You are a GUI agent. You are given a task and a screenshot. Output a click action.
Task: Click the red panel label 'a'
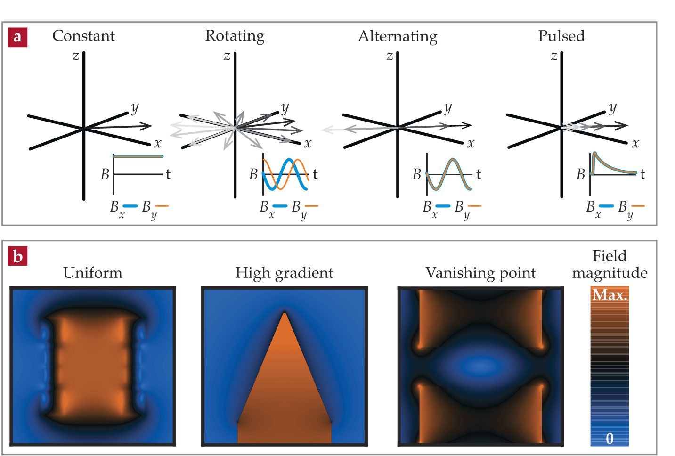coord(17,37)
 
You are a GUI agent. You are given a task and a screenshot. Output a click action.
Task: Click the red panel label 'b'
coord(17,257)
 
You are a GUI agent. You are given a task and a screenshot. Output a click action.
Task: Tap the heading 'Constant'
coord(83,36)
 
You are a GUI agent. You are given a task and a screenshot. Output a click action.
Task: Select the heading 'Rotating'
coord(235,36)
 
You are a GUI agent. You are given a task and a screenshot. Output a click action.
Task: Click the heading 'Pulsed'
coord(561,36)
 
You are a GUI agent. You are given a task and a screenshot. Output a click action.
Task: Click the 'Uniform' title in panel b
coord(93,273)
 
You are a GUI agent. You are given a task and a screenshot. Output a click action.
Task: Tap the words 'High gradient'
coord(284,273)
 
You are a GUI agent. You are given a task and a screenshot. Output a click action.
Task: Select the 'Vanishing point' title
coord(480,273)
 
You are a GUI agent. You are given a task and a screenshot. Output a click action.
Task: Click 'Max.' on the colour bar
coord(610,295)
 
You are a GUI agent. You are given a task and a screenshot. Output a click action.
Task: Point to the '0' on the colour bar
coord(610,439)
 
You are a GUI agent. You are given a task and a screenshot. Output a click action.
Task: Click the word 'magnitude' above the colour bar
coord(610,273)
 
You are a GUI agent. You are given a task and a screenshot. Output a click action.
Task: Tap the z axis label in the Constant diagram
coord(75,56)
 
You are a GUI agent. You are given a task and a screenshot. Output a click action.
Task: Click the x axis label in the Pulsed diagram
coord(635,143)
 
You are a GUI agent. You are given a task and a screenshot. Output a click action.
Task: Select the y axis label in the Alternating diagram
coord(448,108)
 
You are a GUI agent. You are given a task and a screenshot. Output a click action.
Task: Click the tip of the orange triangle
coord(284,313)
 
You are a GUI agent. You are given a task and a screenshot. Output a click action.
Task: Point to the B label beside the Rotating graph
coord(253,175)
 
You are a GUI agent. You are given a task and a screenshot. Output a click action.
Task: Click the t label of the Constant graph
coord(168,174)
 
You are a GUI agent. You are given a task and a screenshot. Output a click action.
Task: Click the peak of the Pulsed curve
coord(595,153)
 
